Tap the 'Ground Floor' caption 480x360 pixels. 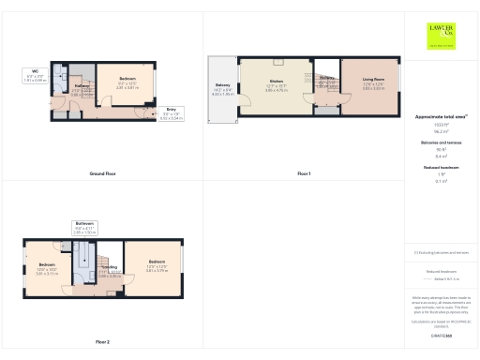point(102,174)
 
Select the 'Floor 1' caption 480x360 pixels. point(304,174)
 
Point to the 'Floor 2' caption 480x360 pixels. point(102,342)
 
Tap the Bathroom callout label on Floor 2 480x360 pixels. point(84,227)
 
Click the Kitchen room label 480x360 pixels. point(277,86)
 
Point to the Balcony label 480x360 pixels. point(222,91)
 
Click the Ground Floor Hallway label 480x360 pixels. point(82,89)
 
